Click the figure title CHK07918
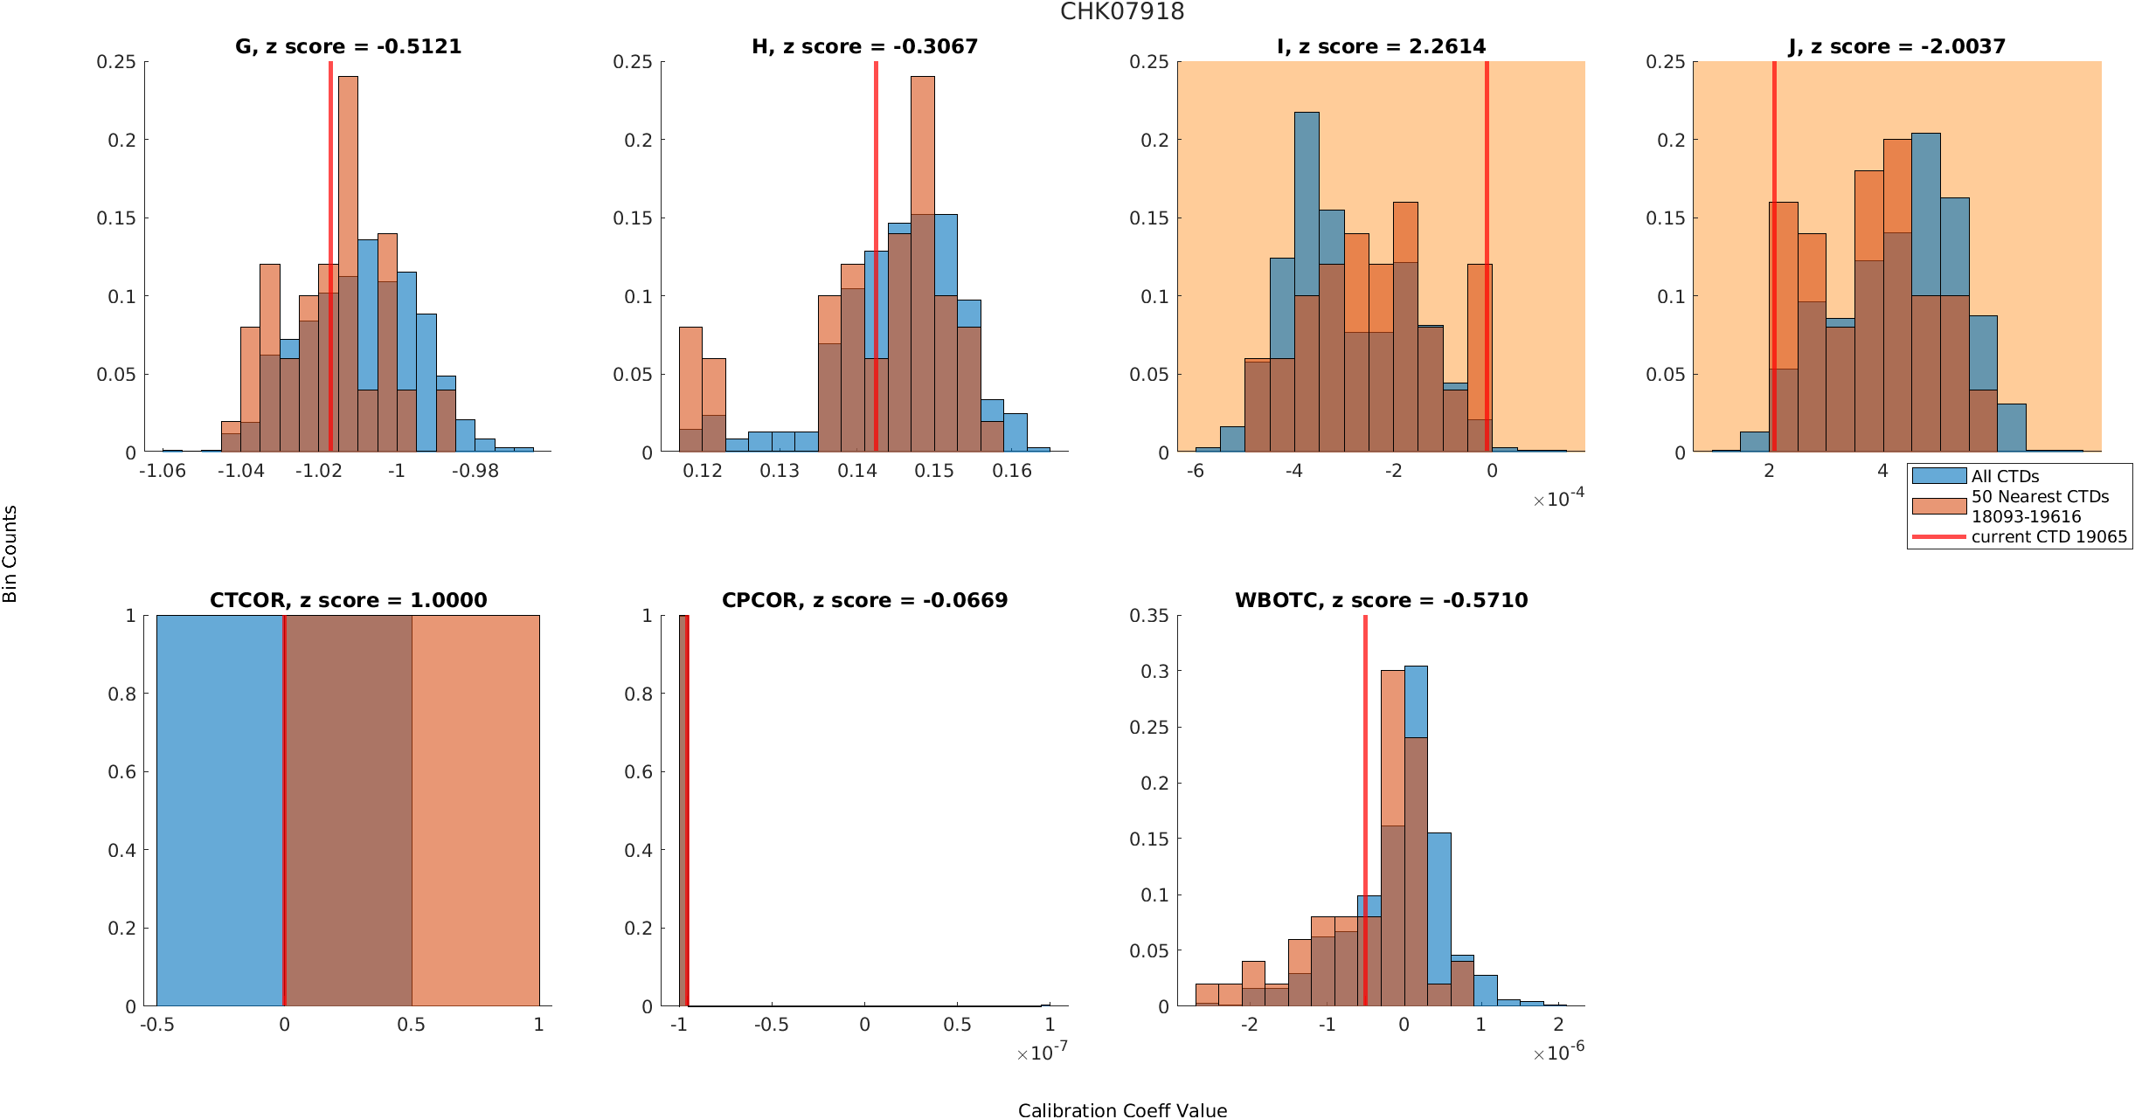point(1122,11)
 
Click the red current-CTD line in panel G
point(330,256)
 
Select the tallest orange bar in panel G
point(348,264)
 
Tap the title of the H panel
point(864,46)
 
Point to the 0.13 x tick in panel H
point(780,471)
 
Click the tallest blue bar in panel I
point(1307,281)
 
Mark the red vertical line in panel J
point(1774,256)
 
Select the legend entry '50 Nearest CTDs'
point(2010,506)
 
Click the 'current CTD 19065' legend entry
point(2020,536)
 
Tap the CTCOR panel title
point(349,600)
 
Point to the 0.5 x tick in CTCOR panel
point(412,1025)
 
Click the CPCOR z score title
point(864,600)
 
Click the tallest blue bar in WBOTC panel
point(1416,836)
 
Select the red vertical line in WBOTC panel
point(1365,811)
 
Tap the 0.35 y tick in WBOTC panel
point(1148,616)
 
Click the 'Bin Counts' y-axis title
point(10,554)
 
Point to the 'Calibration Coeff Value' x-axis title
point(1122,1110)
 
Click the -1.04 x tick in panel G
point(240,471)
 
